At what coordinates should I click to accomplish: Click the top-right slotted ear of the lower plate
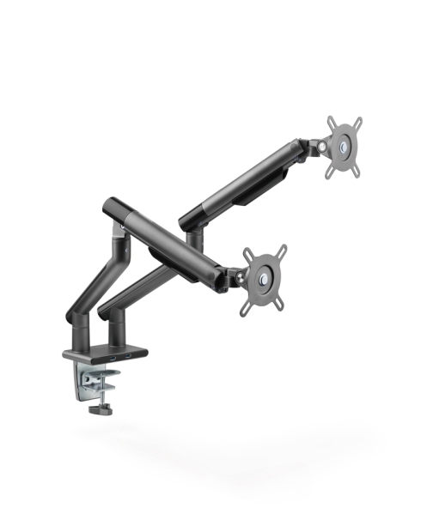tap(280, 250)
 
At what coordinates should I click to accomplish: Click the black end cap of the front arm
tap(113, 209)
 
